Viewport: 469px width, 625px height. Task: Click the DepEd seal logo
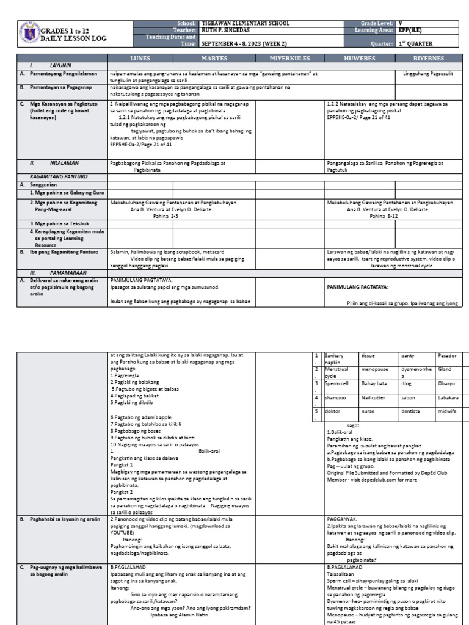click(29, 33)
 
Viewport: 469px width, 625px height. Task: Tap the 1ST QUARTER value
click(416, 44)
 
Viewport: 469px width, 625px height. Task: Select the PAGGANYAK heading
click(343, 519)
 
